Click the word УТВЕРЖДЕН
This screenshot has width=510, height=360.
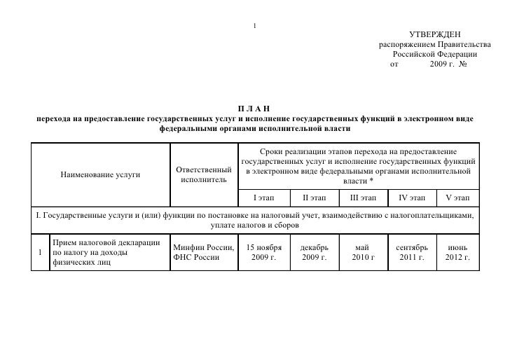point(434,35)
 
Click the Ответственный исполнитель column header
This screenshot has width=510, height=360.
point(203,175)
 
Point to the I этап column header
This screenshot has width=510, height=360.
point(264,197)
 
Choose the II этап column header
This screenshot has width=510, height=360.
point(314,197)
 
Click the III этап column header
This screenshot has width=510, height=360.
point(363,197)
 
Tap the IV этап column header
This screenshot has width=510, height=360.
point(412,197)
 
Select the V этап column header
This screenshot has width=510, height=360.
point(457,197)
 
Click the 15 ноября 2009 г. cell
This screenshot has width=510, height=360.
point(264,253)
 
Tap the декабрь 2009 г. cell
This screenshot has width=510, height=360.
point(314,253)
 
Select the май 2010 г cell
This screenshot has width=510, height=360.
point(363,253)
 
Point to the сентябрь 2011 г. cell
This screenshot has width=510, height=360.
point(412,253)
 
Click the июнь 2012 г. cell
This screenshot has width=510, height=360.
point(457,253)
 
